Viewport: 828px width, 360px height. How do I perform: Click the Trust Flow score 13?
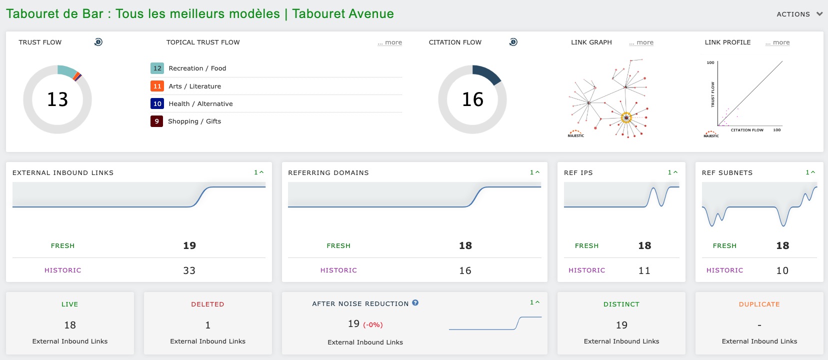click(57, 99)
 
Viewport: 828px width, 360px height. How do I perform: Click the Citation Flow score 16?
click(472, 99)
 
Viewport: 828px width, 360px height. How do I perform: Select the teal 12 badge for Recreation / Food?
click(157, 68)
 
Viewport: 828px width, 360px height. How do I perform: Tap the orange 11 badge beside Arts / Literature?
click(157, 86)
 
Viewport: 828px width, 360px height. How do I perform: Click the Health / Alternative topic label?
click(200, 104)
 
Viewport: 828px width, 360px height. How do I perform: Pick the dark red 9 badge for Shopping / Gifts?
click(156, 121)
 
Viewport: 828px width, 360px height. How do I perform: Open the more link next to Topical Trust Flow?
click(390, 42)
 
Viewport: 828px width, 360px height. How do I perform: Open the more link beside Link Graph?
click(641, 42)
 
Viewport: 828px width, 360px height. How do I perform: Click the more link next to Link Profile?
click(777, 42)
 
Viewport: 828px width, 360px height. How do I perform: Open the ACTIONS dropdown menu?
click(799, 14)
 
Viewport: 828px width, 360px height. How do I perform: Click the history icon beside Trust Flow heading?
click(98, 42)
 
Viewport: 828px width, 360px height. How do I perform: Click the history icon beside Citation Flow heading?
click(513, 42)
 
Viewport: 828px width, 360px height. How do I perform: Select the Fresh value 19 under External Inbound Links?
click(189, 245)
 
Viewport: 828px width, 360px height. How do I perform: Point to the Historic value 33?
click(189, 270)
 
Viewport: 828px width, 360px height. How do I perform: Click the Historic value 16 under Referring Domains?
click(465, 270)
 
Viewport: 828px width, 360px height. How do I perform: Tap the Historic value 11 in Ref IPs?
click(644, 270)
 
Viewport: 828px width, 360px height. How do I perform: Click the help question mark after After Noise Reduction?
click(415, 303)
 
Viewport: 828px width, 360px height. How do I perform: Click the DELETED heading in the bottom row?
click(207, 304)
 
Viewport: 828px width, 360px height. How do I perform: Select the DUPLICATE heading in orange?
click(759, 304)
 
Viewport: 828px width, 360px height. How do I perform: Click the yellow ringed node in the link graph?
click(626, 118)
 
